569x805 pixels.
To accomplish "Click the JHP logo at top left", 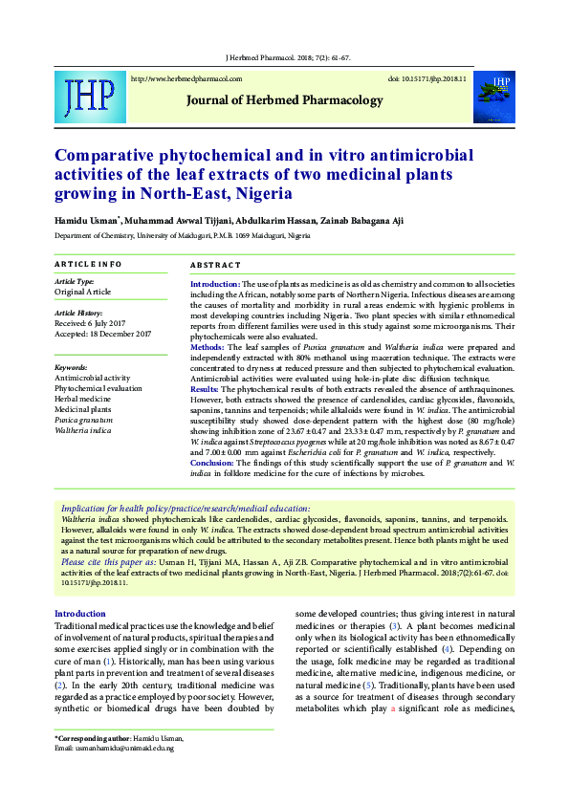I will [x=89, y=95].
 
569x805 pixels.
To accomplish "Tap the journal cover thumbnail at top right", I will [x=494, y=94].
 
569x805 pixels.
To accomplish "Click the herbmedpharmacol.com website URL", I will [x=186, y=78].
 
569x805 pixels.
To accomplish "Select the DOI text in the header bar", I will [x=427, y=78].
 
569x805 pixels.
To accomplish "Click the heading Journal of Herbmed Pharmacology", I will [x=284, y=99].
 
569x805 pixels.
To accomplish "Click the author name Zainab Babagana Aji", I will [x=368, y=221].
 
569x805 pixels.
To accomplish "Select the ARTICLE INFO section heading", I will [x=88, y=264].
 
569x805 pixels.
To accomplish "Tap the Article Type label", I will [x=75, y=282].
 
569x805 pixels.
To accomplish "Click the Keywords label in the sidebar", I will [x=72, y=367].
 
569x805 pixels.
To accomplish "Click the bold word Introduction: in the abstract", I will [x=215, y=285].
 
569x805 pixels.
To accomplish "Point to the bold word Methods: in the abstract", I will [x=208, y=348].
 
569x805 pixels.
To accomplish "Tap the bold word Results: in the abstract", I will [x=206, y=390].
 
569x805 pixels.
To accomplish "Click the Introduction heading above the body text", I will [x=80, y=613].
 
